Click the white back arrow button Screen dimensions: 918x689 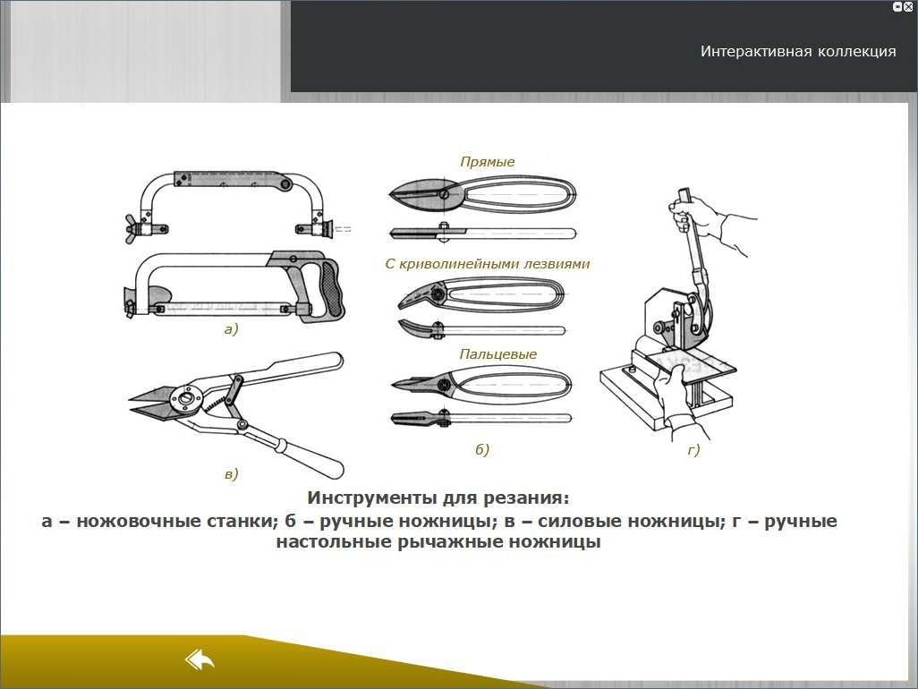pyautogui.click(x=200, y=659)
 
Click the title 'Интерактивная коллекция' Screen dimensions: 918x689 pyautogui.click(x=798, y=52)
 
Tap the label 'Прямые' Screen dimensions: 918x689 pyautogui.click(x=487, y=162)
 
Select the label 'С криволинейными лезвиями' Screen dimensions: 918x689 pyautogui.click(x=487, y=264)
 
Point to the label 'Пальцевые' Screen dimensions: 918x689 pyautogui.click(x=497, y=354)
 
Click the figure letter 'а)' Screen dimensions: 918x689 pyautogui.click(x=231, y=329)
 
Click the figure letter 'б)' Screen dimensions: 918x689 pyautogui.click(x=482, y=449)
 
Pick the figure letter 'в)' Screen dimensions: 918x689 pyautogui.click(x=231, y=473)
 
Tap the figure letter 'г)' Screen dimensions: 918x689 pyautogui.click(x=693, y=449)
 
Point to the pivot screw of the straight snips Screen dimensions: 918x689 pyautogui.click(x=445, y=193)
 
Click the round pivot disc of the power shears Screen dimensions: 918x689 pyautogui.click(x=186, y=399)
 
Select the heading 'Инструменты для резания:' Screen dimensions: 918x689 pyautogui.click(x=438, y=498)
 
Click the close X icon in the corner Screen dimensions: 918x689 pyautogui.click(x=908, y=6)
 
